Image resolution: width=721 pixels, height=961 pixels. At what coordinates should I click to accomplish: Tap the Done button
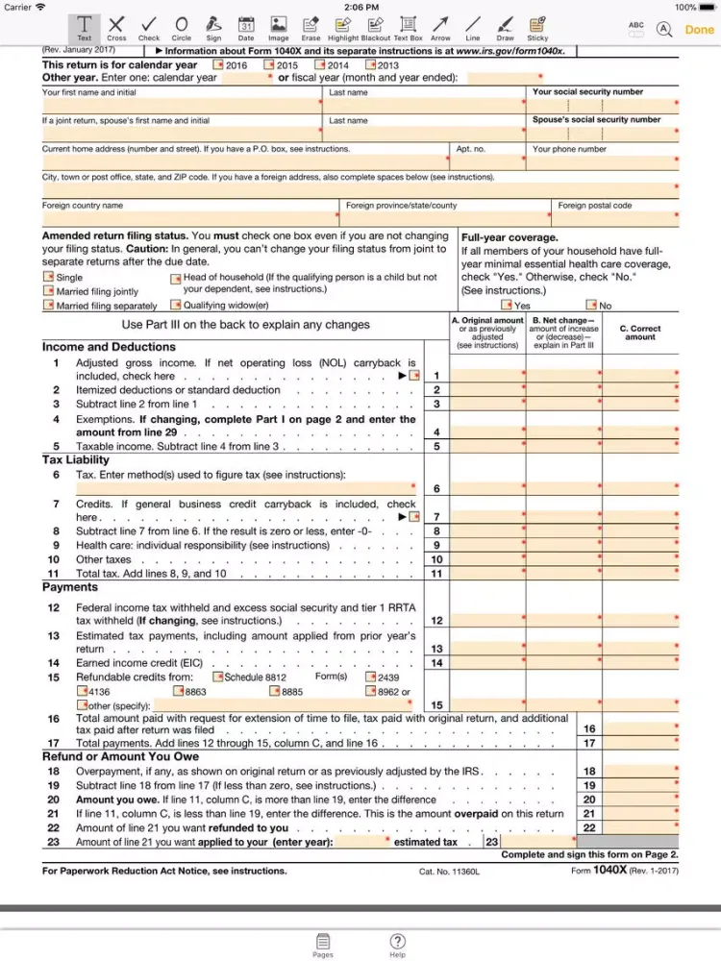(699, 29)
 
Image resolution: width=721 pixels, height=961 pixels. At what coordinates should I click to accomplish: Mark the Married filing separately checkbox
(48, 306)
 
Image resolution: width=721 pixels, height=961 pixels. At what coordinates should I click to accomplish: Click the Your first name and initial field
(181, 104)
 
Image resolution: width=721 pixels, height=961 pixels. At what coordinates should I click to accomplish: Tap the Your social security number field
(604, 104)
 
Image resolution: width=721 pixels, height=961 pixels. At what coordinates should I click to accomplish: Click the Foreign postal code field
(615, 218)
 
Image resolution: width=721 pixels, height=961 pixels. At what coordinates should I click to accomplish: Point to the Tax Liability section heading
(76, 460)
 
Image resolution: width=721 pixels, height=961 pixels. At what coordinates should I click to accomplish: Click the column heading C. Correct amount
(640, 333)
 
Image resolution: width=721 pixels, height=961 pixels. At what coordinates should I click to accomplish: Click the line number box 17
(589, 743)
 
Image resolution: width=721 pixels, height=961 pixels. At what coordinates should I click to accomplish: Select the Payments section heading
(70, 587)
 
